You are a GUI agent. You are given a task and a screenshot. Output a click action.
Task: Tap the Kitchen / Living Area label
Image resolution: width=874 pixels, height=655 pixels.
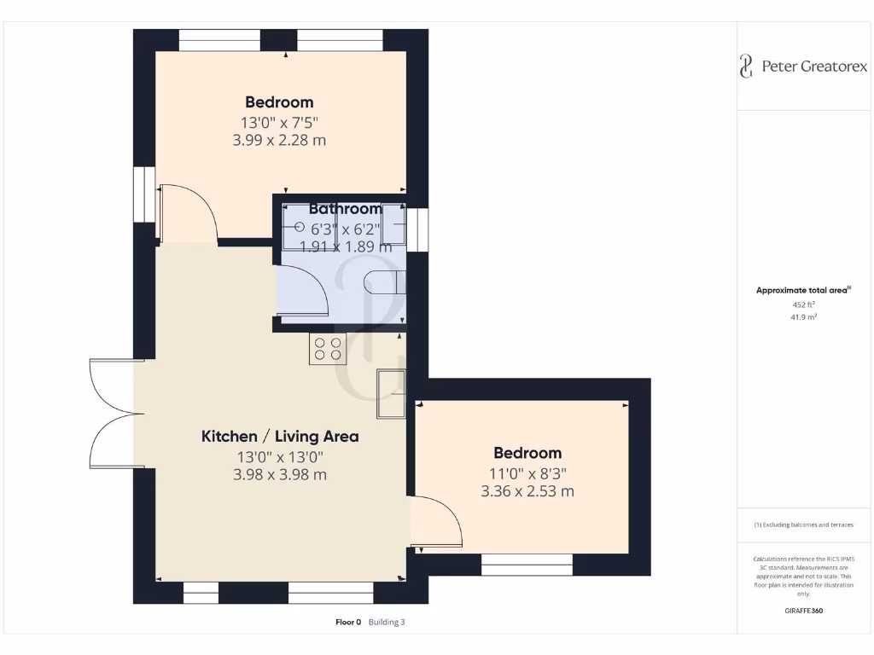pos(280,436)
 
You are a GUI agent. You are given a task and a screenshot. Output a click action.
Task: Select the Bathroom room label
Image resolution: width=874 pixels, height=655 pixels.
pos(345,209)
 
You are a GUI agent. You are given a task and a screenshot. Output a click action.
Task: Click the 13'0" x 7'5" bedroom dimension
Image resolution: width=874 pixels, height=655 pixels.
pos(279,122)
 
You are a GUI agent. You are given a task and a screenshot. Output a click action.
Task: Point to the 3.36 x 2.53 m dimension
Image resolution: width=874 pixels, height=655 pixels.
pos(527,491)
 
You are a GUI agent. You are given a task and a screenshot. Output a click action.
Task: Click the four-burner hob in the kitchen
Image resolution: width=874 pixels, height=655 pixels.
pos(327,349)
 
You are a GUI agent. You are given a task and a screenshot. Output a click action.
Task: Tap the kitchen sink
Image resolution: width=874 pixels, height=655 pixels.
pos(392,393)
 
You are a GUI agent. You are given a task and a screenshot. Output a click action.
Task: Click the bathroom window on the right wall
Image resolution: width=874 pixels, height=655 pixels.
pos(417,230)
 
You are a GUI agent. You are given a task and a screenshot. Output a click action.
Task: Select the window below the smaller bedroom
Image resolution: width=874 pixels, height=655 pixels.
pos(527,564)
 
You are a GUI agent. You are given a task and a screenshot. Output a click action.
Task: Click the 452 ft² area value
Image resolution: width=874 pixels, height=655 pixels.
pos(804,304)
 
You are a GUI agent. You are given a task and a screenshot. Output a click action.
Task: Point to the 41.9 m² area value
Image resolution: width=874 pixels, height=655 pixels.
pos(804,316)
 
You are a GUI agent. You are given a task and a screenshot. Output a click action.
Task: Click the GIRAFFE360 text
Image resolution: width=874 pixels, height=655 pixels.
pos(803,611)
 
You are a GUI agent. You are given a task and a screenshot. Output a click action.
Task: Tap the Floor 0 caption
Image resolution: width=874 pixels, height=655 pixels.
pos(348,623)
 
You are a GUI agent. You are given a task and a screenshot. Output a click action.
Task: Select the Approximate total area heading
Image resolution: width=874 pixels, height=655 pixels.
pos(803,290)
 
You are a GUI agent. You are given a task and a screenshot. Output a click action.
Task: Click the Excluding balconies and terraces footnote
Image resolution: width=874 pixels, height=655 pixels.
pos(803,525)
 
